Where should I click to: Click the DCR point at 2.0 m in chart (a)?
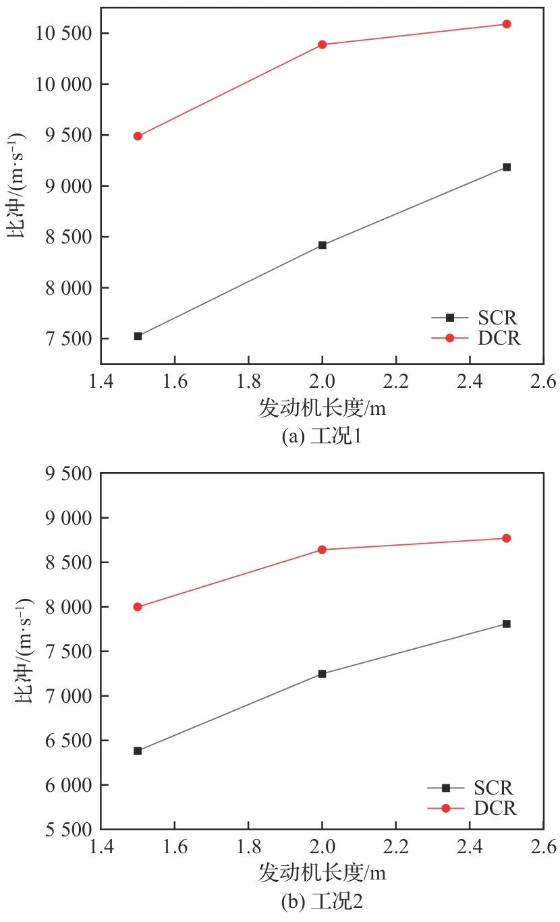point(323,45)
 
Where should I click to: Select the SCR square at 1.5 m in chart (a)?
point(138,336)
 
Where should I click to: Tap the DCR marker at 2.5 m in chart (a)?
point(507,24)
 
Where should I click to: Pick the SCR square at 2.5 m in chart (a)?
point(507,167)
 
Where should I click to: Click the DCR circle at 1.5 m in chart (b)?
point(138,607)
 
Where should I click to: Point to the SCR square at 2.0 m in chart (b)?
point(323,674)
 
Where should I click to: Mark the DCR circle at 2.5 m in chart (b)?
point(507,538)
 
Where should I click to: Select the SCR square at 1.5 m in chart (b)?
point(138,751)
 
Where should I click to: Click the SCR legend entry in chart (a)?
point(476,316)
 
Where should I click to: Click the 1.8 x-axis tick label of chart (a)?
point(248,382)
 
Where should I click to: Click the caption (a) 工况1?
point(322,436)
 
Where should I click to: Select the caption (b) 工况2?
point(322,901)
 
